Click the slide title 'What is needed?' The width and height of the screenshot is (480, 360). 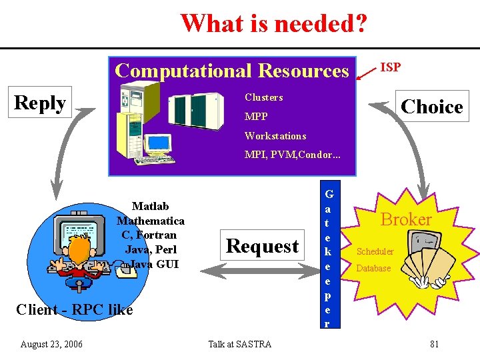[x=273, y=23]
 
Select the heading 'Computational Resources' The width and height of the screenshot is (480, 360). [x=231, y=70]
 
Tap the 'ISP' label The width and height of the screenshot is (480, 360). [x=390, y=67]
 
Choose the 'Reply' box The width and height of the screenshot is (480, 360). [x=39, y=103]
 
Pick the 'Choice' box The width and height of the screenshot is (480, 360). [x=431, y=107]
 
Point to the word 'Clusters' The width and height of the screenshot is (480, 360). [x=263, y=97]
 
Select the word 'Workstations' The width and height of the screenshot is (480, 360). [x=275, y=136]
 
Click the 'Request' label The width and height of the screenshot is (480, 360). [x=262, y=246]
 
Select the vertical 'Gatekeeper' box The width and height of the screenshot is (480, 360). [x=328, y=254]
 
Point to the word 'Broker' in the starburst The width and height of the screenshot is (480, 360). [x=406, y=219]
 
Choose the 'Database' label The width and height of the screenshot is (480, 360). [x=373, y=269]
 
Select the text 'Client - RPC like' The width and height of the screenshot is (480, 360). [x=74, y=309]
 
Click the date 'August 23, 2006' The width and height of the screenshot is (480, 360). [x=51, y=344]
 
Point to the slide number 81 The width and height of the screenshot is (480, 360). [x=434, y=344]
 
